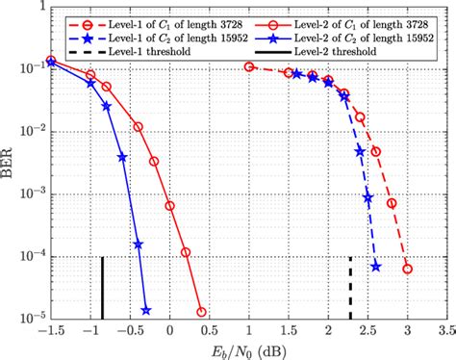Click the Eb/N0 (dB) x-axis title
[249, 349]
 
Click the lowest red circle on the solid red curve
[201, 312]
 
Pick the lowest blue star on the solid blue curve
[146, 310]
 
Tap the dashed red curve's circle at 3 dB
[407, 269]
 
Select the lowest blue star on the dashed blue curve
[375, 267]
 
